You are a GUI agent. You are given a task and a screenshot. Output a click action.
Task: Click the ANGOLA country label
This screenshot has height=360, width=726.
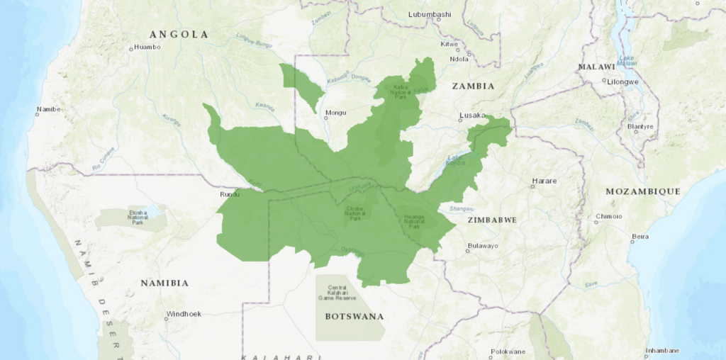point(178,34)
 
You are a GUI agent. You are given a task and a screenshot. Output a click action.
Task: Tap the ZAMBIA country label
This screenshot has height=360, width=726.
point(473,86)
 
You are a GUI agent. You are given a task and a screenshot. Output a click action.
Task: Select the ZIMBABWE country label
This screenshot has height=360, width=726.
point(492,220)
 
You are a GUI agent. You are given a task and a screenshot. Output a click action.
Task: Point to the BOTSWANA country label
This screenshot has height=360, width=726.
point(354,316)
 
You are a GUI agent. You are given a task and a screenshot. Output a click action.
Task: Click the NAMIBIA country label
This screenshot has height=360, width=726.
point(164,283)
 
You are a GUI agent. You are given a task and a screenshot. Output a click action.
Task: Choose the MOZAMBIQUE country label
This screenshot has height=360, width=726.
point(642,191)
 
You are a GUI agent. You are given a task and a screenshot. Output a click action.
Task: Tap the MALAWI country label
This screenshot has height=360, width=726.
point(596,67)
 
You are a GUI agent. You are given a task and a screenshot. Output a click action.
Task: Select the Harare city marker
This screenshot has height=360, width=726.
point(532,187)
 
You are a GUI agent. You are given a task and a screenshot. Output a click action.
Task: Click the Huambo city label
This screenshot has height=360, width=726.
point(148,47)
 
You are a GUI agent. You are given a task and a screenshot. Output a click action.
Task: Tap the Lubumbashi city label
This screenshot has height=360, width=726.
point(430,13)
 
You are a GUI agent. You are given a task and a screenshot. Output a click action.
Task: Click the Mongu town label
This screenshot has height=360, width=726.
point(335,113)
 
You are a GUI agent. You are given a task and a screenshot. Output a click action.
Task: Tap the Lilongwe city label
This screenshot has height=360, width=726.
point(623,81)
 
